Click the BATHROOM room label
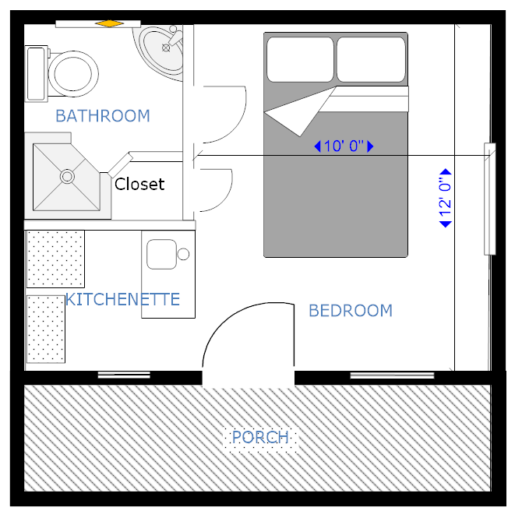pos(103,116)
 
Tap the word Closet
pos(139,184)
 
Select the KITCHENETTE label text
pos(122,299)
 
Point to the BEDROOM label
pos(351,311)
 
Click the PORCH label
pos(260,437)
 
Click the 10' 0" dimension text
pos(344,146)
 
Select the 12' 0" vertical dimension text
pos(446,198)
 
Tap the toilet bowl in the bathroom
pos(73,74)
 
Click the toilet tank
pos(36,74)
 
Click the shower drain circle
pos(67,176)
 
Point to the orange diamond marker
pos(109,23)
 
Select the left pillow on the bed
pos(300,60)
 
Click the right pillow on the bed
pos(371,60)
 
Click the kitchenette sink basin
pos(161,254)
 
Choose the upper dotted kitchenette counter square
pos(55,259)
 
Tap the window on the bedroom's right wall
pos(489,199)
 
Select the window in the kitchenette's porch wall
pos(124,375)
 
